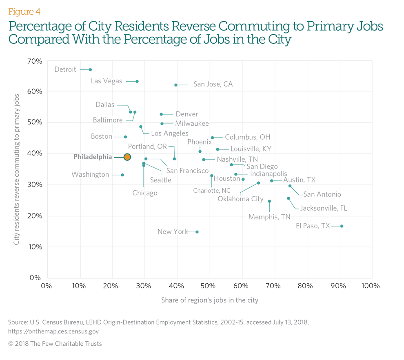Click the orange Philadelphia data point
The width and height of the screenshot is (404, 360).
pyautogui.click(x=127, y=157)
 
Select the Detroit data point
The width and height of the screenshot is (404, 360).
pyautogui.click(x=90, y=70)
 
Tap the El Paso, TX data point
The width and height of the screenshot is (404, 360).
pyautogui.click(x=342, y=226)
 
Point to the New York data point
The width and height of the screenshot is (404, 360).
pyautogui.click(x=197, y=232)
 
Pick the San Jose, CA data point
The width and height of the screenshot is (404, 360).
pyautogui.click(x=176, y=85)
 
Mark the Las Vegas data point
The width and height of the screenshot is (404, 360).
pyautogui.click(x=137, y=81)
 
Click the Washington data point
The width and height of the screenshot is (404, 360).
pyautogui.click(x=122, y=175)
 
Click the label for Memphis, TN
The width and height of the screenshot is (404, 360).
pyautogui.click(x=269, y=217)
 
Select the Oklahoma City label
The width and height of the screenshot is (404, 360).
pyautogui.click(x=240, y=199)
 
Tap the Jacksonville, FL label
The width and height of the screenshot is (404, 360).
pyautogui.click(x=324, y=208)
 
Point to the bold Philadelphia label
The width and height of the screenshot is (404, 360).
pyautogui.click(x=93, y=157)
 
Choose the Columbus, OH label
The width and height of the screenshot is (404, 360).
pyautogui.click(x=247, y=138)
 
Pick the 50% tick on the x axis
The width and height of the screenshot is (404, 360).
pyautogui.click(x=209, y=285)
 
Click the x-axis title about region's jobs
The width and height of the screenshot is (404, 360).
pyautogui.click(x=209, y=300)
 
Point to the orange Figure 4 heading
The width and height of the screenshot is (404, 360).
pyautogui.click(x=24, y=11)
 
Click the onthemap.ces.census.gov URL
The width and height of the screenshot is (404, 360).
pyautogui.click(x=53, y=331)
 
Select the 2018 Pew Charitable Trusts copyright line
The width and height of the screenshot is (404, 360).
pyautogui.click(x=55, y=344)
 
